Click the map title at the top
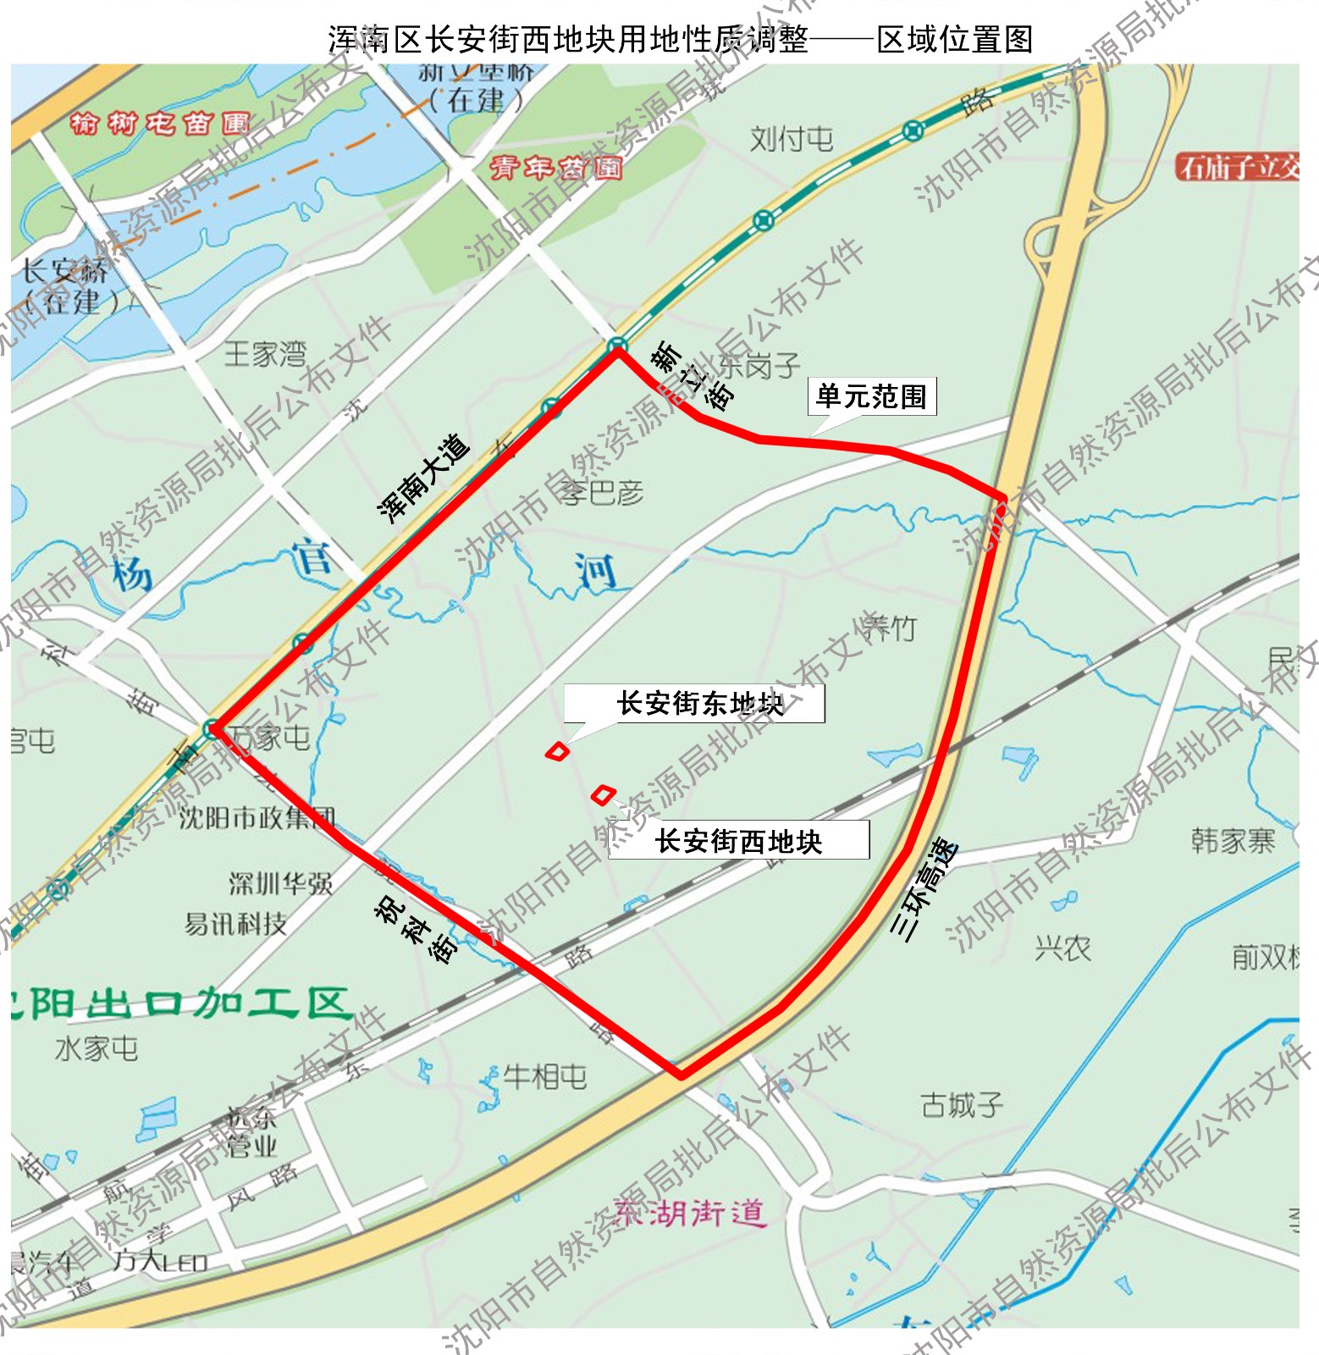[680, 39]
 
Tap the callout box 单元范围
[871, 396]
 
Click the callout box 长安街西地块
[738, 841]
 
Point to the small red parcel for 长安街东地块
[557, 751]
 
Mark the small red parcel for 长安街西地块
[602, 794]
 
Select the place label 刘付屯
[791, 139]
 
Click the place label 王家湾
[265, 353]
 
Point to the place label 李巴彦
[603, 492]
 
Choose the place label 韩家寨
[1232, 841]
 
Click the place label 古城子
[962, 1104]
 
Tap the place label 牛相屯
[544, 1077]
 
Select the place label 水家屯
[97, 1048]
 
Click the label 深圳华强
[280, 884]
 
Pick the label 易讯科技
[235, 924]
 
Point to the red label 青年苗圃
[555, 168]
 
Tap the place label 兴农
[1062, 948]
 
